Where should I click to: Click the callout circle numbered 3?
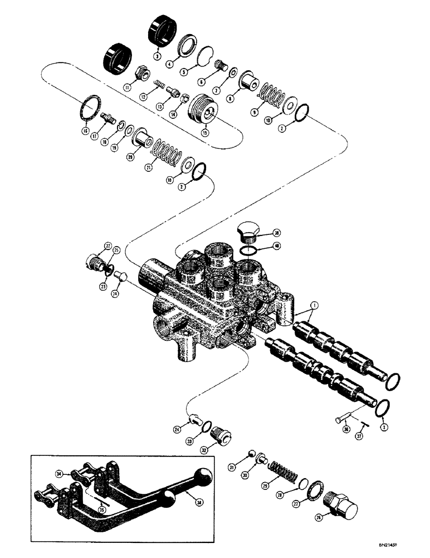(x=158, y=56)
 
